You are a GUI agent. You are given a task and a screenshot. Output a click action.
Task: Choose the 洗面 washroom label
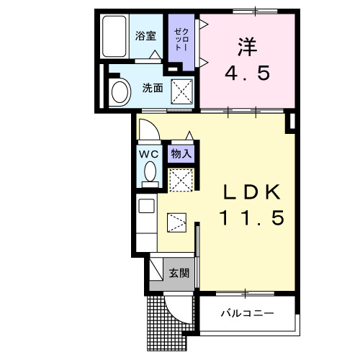tap(151, 89)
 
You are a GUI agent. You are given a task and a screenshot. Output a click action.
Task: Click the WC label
tap(148, 153)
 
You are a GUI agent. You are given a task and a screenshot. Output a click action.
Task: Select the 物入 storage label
tap(180, 153)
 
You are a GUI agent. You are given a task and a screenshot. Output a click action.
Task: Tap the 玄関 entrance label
tap(179, 274)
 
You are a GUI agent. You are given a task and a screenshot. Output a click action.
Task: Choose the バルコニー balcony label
tap(247, 314)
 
